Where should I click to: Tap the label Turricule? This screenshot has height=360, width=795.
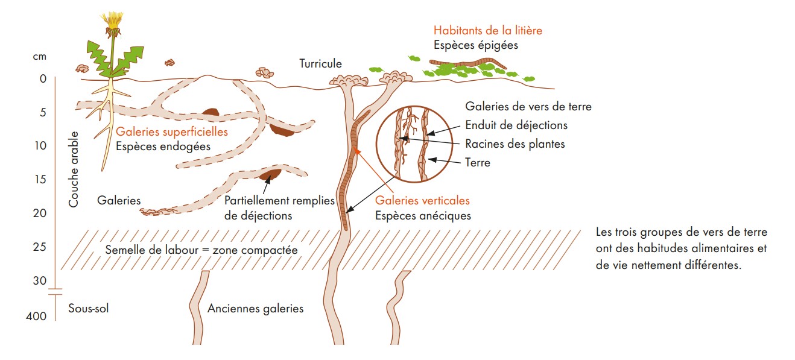(320, 63)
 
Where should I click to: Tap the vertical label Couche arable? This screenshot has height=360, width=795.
(74, 169)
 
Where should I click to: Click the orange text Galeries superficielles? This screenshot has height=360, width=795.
(172, 132)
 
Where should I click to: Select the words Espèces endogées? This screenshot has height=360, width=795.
(163, 146)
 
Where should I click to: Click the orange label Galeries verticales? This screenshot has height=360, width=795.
(422, 201)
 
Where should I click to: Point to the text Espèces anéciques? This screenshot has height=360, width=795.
(423, 215)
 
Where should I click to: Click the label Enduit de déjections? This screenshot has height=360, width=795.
(516, 125)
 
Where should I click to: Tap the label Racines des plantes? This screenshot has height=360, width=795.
(515, 144)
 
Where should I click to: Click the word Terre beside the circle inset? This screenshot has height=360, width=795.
(478, 162)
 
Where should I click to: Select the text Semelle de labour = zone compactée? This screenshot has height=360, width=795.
(201, 250)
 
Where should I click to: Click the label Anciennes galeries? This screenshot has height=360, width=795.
(255, 309)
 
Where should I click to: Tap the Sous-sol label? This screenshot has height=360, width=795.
(89, 308)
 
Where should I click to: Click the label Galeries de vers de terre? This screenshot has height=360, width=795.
(528, 107)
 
